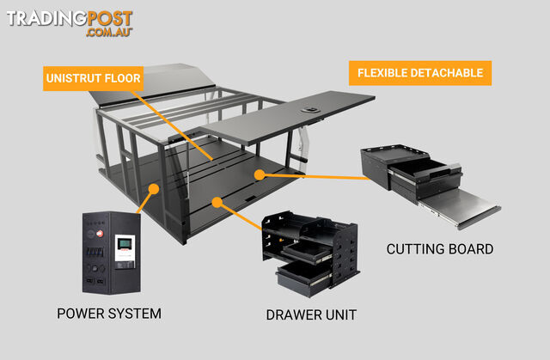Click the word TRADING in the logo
(46, 19)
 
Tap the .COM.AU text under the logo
(109, 32)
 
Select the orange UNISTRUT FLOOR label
(94, 78)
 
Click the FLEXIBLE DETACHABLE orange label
(420, 73)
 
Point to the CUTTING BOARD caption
(440, 249)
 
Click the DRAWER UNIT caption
(311, 314)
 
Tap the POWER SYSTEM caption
(109, 314)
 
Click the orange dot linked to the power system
(154, 189)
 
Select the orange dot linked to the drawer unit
(217, 202)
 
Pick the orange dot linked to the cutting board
(260, 174)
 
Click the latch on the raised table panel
(310, 110)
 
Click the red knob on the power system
(100, 233)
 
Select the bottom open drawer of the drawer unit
(303, 278)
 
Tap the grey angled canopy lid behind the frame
(151, 84)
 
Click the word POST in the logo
(109, 19)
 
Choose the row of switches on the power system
(95, 252)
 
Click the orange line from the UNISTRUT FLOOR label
(172, 125)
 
